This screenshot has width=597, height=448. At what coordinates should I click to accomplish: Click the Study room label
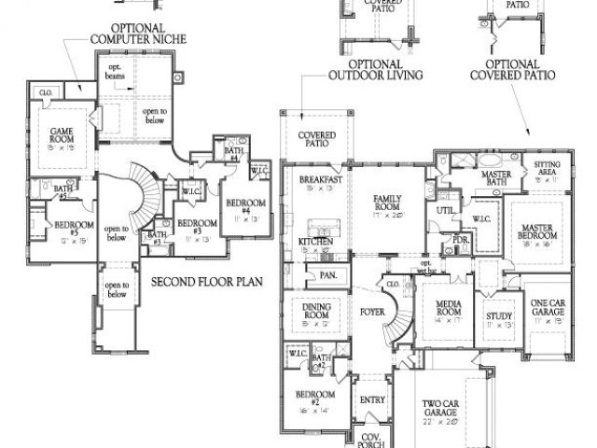(x=499, y=318)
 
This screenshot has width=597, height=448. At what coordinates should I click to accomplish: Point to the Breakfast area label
(x=320, y=181)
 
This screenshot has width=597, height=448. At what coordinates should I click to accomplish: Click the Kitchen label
(x=315, y=242)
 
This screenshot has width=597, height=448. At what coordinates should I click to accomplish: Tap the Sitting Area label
(x=547, y=167)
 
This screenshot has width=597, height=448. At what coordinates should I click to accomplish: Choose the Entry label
(x=371, y=401)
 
